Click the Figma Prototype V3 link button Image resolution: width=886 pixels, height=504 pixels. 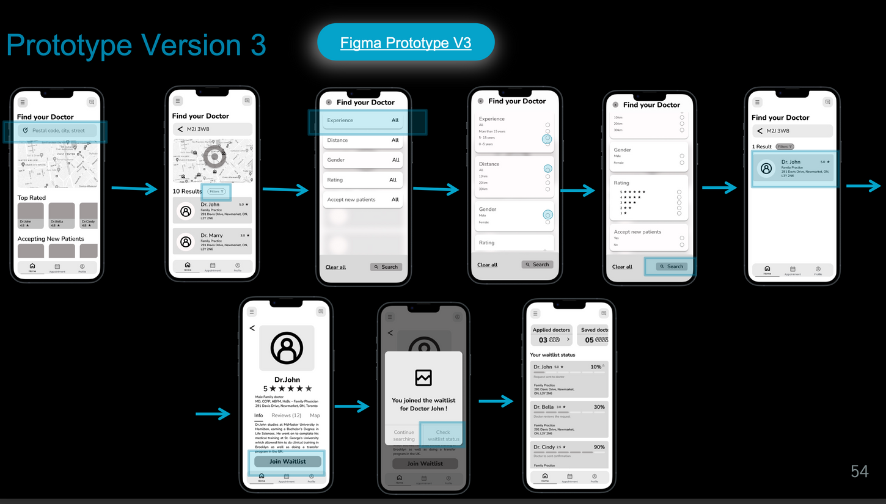click(x=406, y=43)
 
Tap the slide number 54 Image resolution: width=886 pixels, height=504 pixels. click(x=859, y=471)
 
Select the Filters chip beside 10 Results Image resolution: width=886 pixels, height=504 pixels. click(x=216, y=192)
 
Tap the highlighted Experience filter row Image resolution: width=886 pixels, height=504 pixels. click(x=363, y=120)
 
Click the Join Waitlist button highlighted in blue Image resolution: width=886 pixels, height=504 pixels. click(x=287, y=461)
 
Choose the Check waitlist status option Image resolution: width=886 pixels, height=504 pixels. click(x=443, y=436)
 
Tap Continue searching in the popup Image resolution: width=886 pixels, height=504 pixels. click(x=404, y=436)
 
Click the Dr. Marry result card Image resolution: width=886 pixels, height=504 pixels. click(x=212, y=241)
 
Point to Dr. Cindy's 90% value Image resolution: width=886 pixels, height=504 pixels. click(x=598, y=447)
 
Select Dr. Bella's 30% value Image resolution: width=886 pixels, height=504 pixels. click(x=599, y=407)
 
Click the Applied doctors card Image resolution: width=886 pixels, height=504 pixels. click(x=551, y=335)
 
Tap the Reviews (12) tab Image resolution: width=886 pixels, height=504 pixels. click(x=286, y=415)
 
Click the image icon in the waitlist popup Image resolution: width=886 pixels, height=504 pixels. click(x=423, y=378)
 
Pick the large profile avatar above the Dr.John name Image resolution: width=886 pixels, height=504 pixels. click(x=287, y=348)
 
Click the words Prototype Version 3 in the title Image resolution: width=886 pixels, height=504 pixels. click(x=136, y=45)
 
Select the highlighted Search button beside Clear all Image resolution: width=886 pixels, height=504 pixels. click(x=672, y=266)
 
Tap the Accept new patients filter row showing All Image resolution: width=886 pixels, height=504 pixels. click(x=363, y=200)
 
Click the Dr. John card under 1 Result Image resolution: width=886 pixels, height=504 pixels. click(x=793, y=168)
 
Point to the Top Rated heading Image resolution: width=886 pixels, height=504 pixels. click(x=32, y=198)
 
